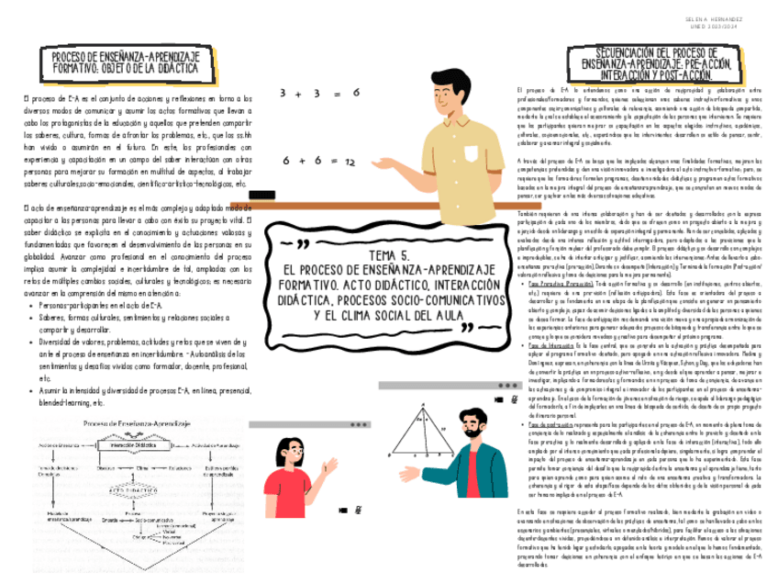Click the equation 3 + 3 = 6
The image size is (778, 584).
coord(320,94)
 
